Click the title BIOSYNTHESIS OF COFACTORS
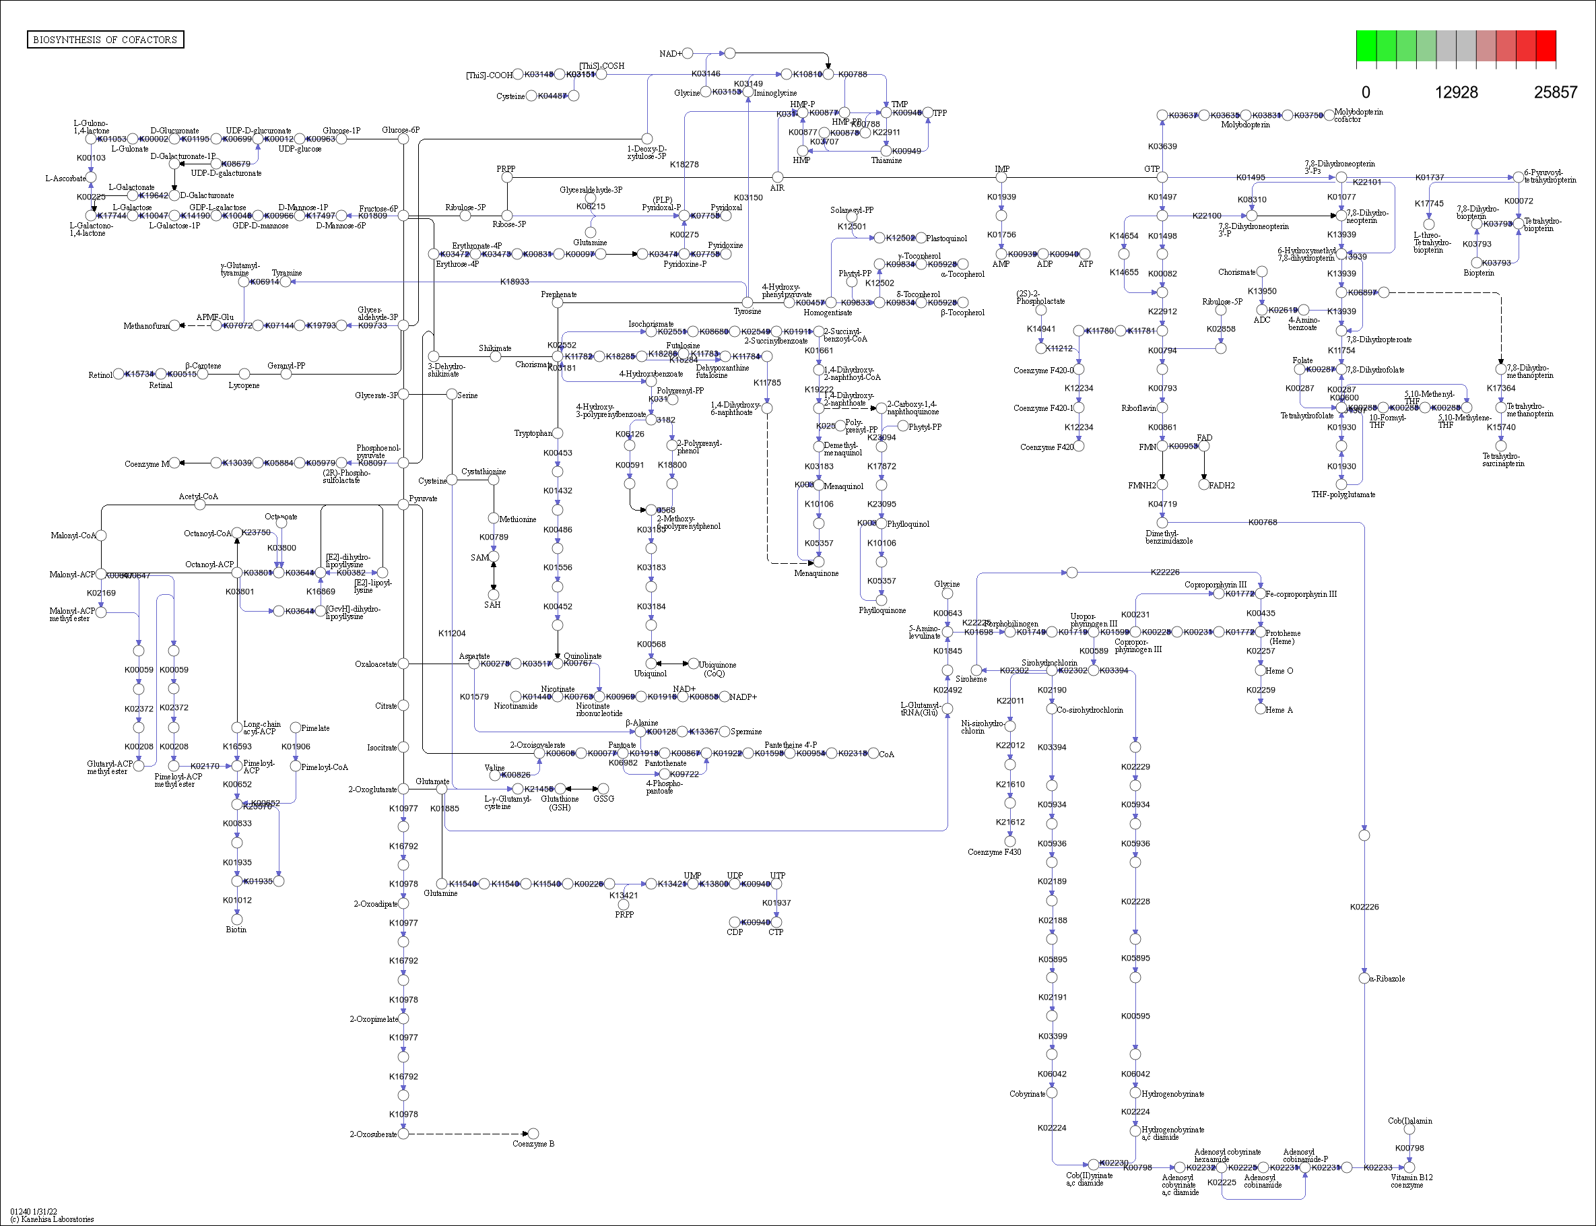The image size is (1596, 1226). (x=105, y=39)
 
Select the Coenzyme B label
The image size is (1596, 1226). (x=533, y=1144)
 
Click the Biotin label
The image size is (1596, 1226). (x=236, y=929)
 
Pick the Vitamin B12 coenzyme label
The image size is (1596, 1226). (x=1411, y=1181)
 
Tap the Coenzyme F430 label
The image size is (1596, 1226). (x=994, y=851)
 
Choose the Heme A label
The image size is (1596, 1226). (x=1279, y=710)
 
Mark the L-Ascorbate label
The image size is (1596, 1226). (x=65, y=178)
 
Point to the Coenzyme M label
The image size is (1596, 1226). (x=146, y=463)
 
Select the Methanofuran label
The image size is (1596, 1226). (x=146, y=325)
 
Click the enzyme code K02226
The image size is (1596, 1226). (x=1364, y=907)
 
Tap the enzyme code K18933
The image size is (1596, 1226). (x=514, y=282)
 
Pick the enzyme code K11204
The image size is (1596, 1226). (x=451, y=633)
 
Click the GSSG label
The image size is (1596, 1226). (x=603, y=798)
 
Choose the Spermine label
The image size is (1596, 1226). (x=745, y=732)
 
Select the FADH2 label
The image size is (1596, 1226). (x=1221, y=485)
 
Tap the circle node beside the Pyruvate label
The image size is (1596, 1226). (x=403, y=505)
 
